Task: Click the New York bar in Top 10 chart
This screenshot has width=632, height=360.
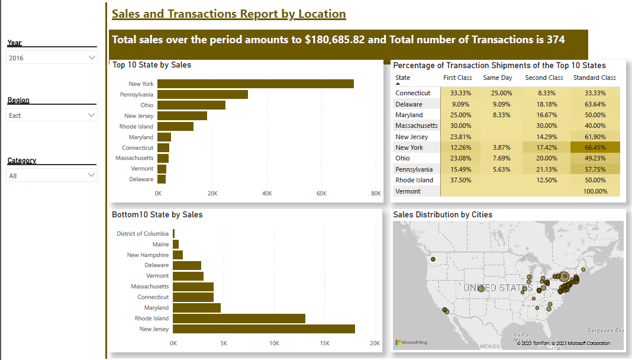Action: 256,84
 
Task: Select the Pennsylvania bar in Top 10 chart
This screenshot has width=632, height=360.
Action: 202,95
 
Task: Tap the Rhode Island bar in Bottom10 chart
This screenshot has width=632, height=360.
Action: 239,319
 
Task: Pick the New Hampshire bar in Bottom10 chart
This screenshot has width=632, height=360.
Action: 178,255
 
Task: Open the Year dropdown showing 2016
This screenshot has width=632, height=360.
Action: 52,57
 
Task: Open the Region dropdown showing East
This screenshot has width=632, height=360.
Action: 52,115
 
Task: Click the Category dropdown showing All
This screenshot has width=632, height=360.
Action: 52,175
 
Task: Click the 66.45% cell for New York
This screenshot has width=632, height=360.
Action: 594,147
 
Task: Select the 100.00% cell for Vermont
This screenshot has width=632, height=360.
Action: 595,191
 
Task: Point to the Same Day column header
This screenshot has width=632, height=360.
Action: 498,78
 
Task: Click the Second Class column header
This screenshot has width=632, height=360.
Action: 544,78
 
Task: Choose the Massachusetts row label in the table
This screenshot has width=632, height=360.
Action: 417,126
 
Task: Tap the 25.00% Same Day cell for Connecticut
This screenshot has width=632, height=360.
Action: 498,93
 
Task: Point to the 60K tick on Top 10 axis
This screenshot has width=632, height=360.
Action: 321,194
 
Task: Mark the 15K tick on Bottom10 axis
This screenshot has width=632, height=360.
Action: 324,343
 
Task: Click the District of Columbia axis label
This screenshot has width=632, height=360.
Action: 143,234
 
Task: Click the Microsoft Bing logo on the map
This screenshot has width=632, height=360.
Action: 411,342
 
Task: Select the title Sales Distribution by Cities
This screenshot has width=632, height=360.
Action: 443,215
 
